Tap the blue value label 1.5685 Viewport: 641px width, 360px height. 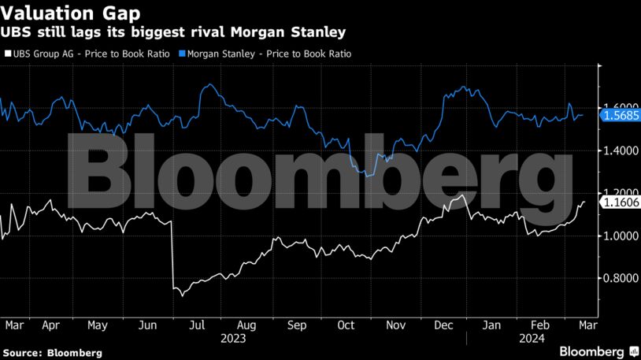(620, 115)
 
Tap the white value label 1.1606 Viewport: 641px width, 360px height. (620, 202)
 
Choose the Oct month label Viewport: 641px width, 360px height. (346, 324)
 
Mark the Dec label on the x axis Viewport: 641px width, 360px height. (443, 324)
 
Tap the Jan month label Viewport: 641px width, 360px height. (491, 324)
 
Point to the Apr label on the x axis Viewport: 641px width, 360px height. (51, 324)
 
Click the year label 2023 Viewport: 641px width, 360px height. (233, 339)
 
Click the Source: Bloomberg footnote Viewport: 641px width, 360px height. (52, 352)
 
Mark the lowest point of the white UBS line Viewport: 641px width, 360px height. (182, 296)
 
